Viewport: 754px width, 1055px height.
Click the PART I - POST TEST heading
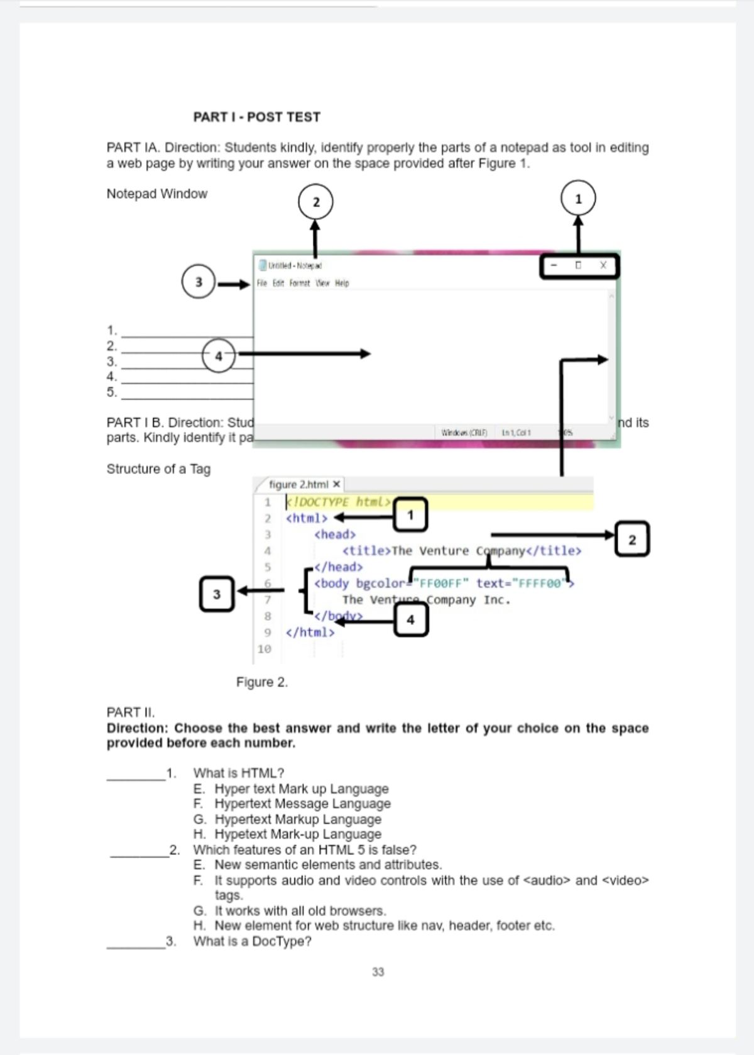(256, 117)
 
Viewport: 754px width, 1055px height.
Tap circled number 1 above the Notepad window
(578, 199)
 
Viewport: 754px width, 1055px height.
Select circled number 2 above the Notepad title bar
(315, 202)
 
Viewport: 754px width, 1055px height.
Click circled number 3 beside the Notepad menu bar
(199, 282)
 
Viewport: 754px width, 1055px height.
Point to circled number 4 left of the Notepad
(219, 356)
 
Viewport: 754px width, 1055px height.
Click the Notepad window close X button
(603, 265)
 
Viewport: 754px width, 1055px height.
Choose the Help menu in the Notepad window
(342, 284)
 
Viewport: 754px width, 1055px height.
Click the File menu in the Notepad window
(262, 284)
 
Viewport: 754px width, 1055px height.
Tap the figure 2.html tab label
(298, 484)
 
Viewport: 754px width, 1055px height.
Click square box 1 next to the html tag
(410, 515)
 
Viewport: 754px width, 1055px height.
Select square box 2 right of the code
(632, 539)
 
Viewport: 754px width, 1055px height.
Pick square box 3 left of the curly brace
(217, 594)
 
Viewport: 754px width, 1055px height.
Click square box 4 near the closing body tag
(411, 620)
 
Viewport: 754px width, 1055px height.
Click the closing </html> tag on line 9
(310, 632)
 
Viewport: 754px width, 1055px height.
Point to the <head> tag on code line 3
(335, 534)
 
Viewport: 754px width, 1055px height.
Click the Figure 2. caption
(262, 682)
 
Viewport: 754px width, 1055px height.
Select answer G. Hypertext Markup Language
(297, 819)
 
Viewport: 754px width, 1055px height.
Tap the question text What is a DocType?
(252, 941)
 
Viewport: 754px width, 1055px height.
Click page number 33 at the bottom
(378, 972)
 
